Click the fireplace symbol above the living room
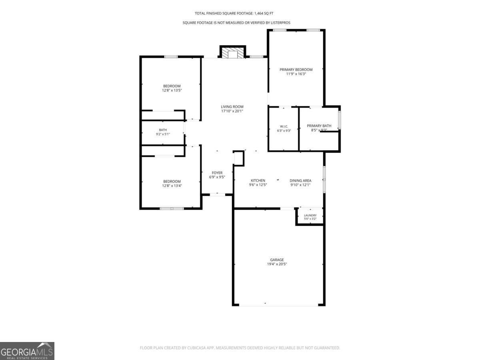pos(233,52)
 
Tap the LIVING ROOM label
pos(232,107)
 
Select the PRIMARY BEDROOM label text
pos(296,70)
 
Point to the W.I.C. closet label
pos(284,126)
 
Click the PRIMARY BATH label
pos(319,126)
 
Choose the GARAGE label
pos(277,260)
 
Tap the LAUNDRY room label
pos(310,215)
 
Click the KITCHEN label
pos(258,180)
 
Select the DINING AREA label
pos(300,180)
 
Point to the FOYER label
pos(217,173)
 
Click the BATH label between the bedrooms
pos(163,130)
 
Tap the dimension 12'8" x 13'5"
pos(172,90)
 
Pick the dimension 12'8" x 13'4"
pos(172,186)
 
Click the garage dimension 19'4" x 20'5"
pos(277,264)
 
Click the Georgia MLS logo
pos(27,351)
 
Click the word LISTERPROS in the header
pos(280,23)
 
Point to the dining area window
pos(324,180)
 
